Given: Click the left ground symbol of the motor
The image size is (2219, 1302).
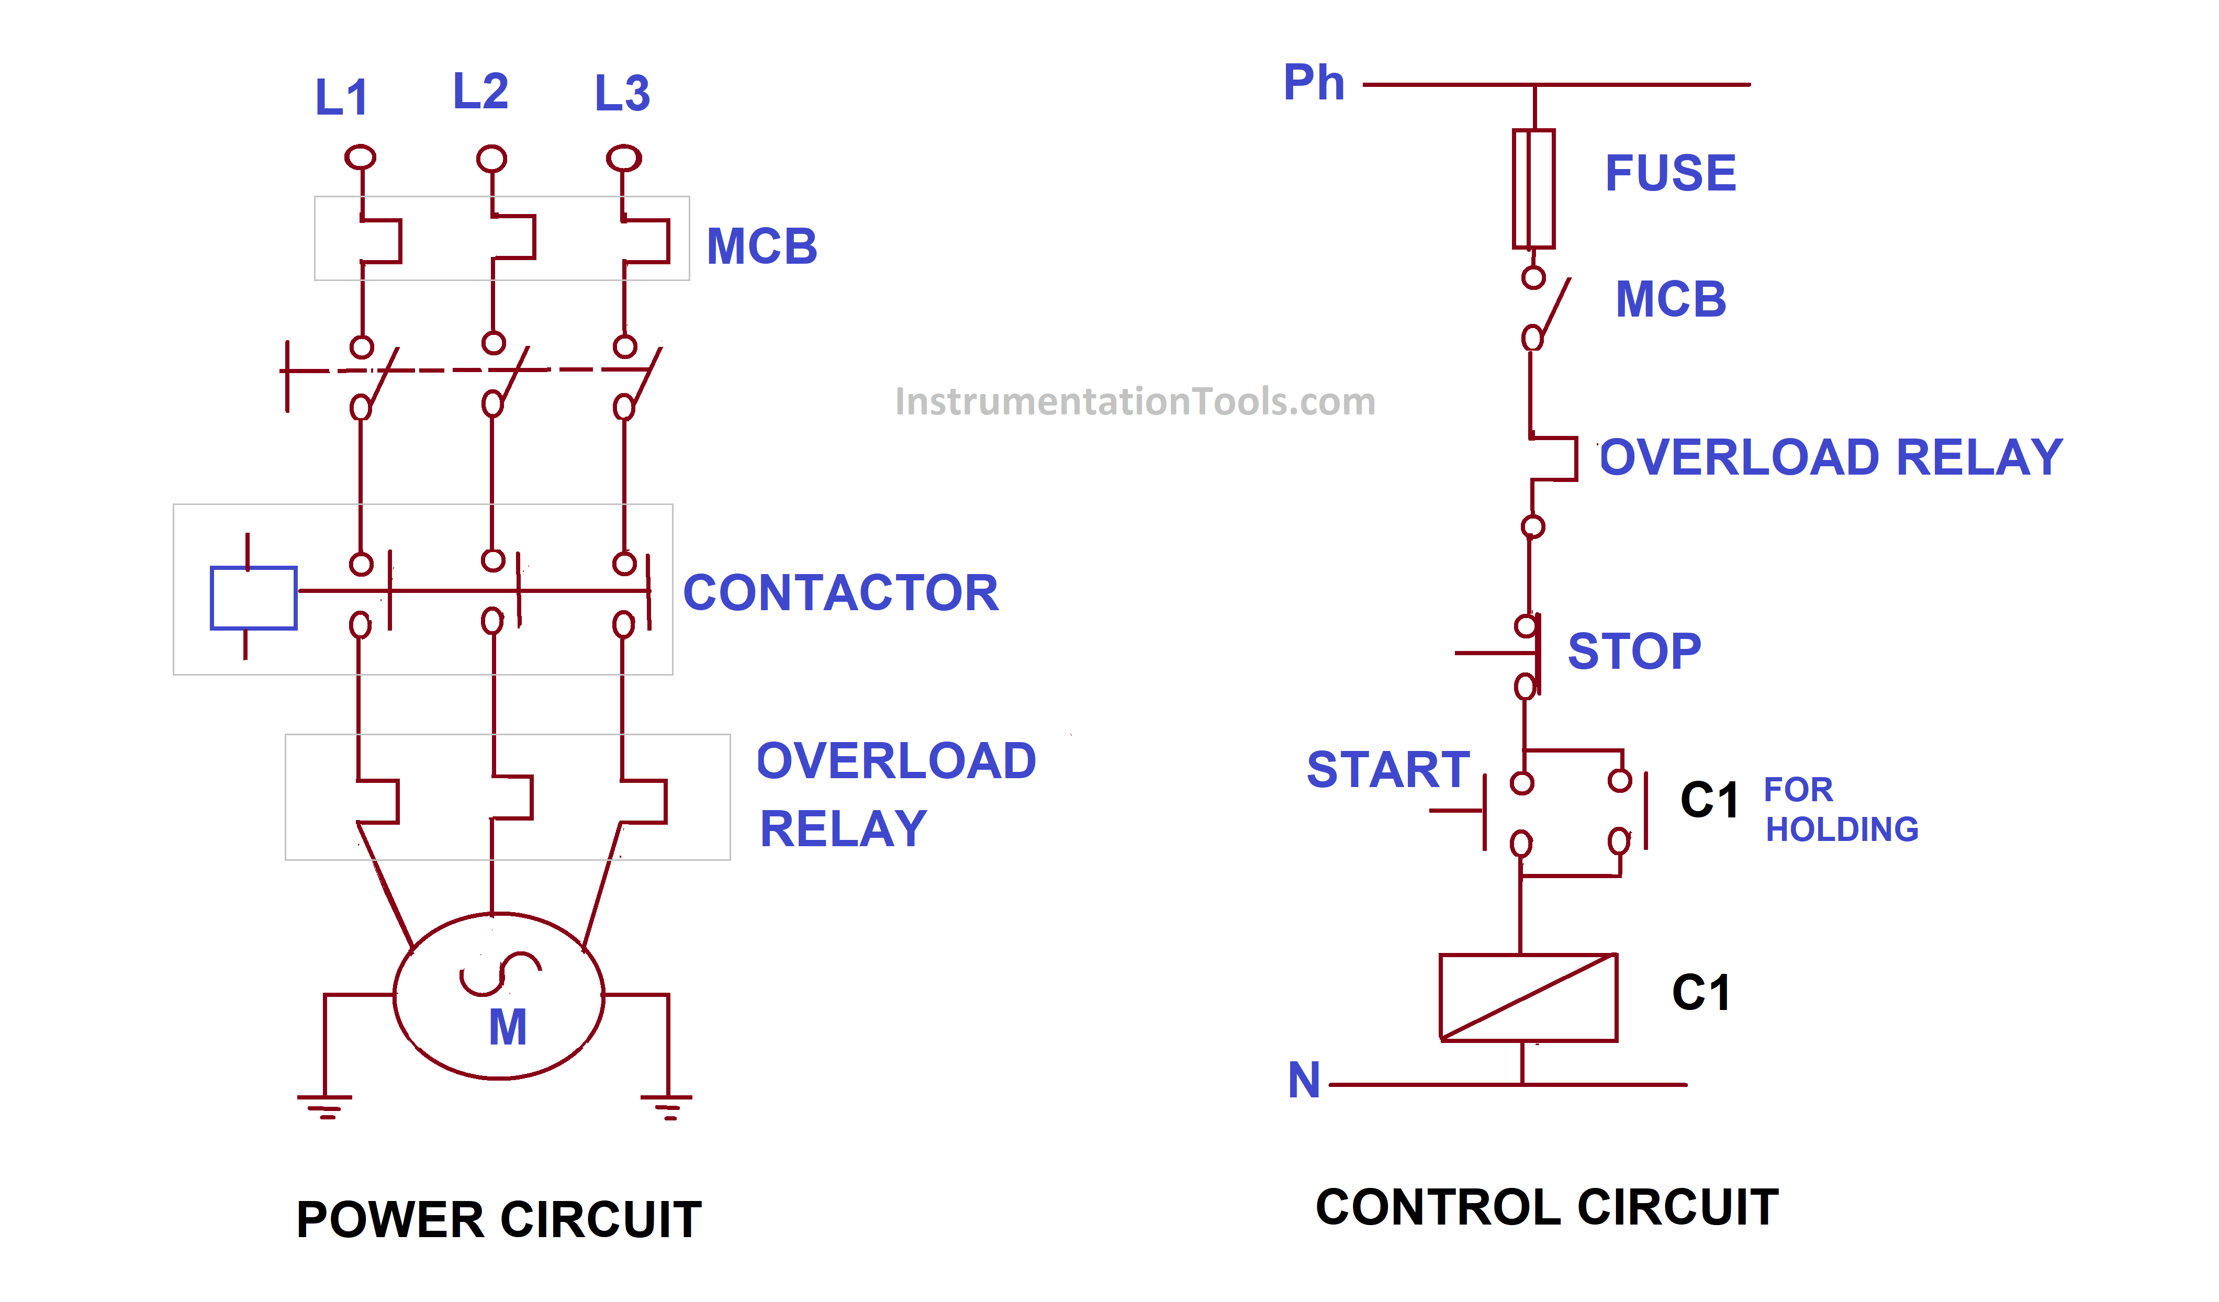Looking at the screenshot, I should [x=325, y=1105].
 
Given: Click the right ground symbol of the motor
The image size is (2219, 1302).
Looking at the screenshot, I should [x=667, y=1105].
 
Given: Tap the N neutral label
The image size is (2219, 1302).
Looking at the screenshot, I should [x=1304, y=1080].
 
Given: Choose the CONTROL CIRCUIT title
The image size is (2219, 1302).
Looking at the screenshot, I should [x=1546, y=1207].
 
